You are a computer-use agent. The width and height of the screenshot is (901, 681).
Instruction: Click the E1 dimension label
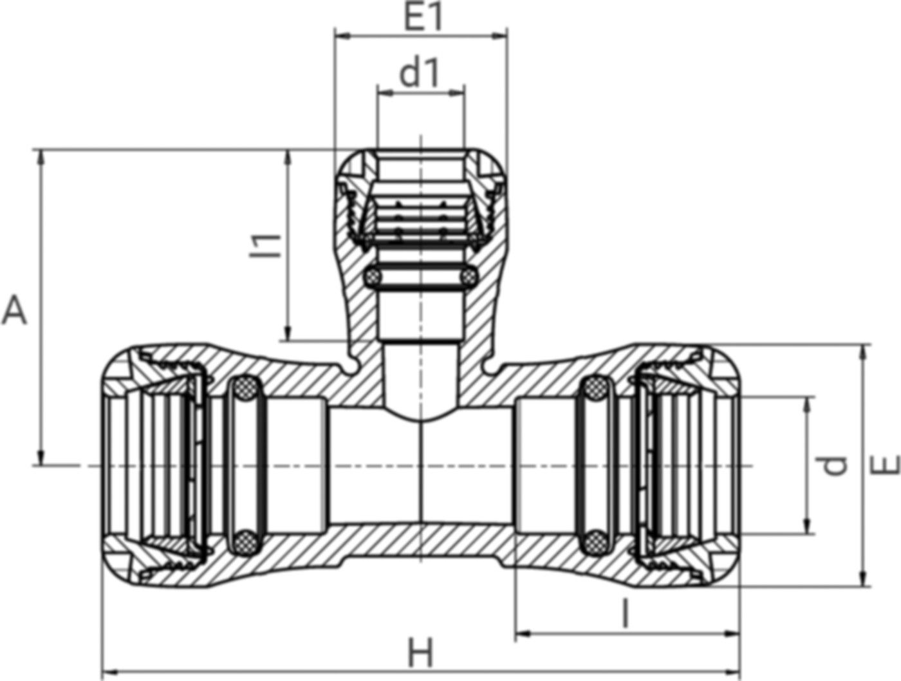coord(423,19)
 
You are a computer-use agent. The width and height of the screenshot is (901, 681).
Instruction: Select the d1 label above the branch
coord(420,75)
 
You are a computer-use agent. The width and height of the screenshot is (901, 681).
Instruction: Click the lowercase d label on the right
coord(836,465)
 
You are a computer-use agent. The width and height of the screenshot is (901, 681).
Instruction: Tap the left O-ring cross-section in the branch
coord(373,278)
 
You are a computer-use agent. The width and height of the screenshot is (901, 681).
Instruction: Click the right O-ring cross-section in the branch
coord(468,278)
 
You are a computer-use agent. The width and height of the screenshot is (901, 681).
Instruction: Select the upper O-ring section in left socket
coord(244,387)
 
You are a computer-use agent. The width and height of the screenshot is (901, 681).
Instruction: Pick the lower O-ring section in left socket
coord(244,541)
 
